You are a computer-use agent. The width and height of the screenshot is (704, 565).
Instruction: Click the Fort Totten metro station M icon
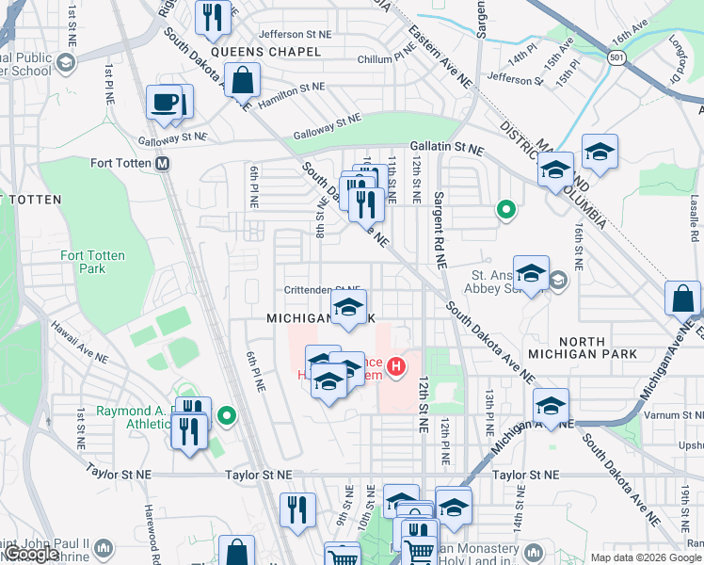162,163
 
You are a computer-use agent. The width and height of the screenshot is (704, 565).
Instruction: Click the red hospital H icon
396,363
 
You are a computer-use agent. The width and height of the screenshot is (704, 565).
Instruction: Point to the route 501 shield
617,58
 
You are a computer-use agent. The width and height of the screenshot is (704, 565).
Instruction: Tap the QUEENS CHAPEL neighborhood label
259,52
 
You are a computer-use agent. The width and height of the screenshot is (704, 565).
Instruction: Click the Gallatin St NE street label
446,149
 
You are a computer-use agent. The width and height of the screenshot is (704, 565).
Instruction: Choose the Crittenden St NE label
323,290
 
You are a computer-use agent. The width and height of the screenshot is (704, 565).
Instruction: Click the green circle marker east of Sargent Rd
506,210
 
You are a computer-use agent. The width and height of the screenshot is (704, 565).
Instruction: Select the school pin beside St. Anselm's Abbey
531,272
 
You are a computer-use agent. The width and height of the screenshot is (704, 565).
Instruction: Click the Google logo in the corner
31,555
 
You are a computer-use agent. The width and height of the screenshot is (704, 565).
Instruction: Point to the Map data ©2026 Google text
646,557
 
